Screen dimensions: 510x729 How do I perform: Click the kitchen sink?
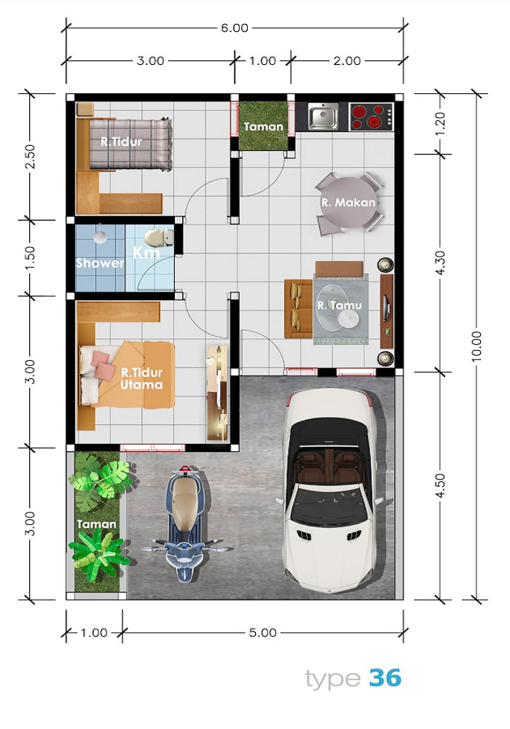(x=323, y=116)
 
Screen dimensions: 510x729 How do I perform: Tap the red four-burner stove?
(x=371, y=116)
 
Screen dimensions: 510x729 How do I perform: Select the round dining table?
(x=348, y=203)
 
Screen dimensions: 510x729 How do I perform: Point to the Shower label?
(x=100, y=263)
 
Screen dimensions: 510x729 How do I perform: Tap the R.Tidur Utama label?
(x=141, y=378)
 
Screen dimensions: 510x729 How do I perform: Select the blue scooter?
(x=185, y=523)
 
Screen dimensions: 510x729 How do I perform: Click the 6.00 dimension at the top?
(x=235, y=28)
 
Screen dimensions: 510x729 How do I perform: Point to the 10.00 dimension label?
(x=476, y=346)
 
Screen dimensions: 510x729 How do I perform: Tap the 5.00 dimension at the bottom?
(x=263, y=633)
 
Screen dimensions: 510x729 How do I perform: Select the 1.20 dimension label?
(x=440, y=123)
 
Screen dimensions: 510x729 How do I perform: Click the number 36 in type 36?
(x=385, y=678)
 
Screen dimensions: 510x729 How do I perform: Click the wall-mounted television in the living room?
(x=386, y=311)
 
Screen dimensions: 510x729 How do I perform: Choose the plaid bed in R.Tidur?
(x=130, y=144)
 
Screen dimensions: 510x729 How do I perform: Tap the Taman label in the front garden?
(x=96, y=524)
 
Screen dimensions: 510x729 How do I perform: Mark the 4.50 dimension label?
(x=440, y=486)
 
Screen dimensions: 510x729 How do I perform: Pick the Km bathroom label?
(x=146, y=253)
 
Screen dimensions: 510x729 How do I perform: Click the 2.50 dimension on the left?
(x=29, y=157)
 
